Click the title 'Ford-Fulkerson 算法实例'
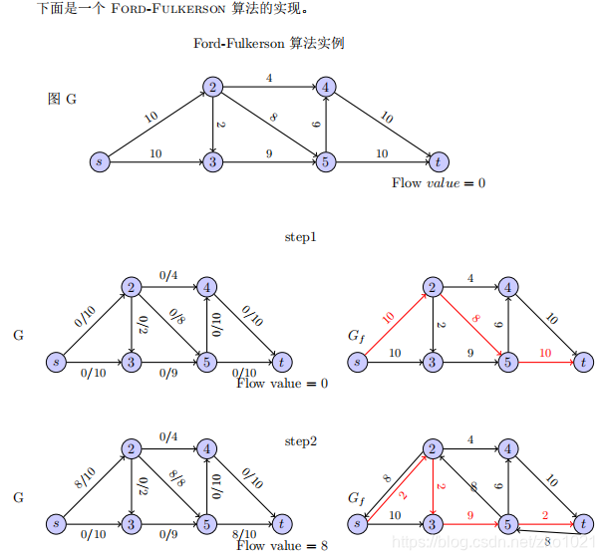coord(269,44)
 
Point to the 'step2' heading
coord(300,440)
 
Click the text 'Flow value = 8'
coord(282,546)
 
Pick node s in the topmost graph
coord(98,160)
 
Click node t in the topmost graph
coord(437,160)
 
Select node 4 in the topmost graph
coord(325,88)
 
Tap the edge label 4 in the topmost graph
coord(269,78)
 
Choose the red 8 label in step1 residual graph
coord(476,319)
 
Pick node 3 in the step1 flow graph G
coord(131,361)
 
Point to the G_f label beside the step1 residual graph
coord(356,337)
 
